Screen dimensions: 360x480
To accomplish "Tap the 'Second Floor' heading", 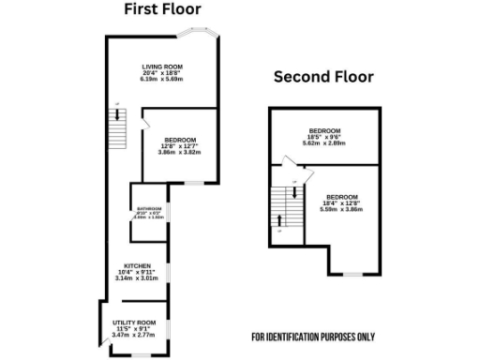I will [x=323, y=77].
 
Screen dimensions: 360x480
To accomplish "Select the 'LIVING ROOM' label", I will [x=161, y=67].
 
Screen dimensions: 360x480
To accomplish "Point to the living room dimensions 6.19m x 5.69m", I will [x=161, y=79].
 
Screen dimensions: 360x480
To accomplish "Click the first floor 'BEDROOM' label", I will [x=181, y=140].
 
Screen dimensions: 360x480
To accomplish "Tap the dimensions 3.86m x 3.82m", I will [x=181, y=152].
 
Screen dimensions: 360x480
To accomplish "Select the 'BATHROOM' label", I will [x=150, y=208].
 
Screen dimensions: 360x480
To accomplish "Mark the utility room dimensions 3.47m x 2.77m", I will [x=134, y=334].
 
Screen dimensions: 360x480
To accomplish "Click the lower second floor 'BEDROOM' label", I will [x=343, y=196].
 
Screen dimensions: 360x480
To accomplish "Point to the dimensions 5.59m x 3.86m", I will [x=343, y=209].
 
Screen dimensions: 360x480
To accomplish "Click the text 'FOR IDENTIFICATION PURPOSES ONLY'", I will [x=312, y=337].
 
